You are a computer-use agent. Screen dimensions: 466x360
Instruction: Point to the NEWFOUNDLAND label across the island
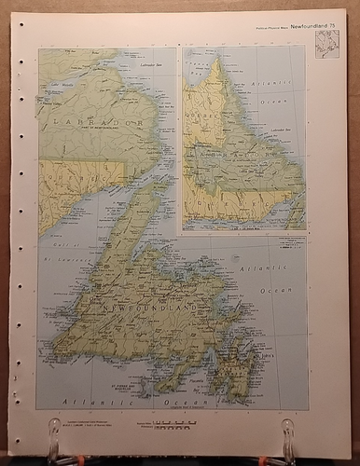(x=139, y=305)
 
